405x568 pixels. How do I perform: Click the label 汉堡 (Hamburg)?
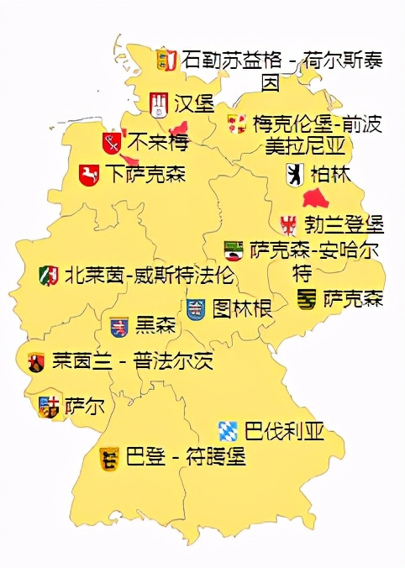(194, 104)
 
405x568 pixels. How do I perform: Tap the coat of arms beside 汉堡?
(159, 104)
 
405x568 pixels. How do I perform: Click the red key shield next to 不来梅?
(111, 142)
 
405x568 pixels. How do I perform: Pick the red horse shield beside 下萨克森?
(88, 176)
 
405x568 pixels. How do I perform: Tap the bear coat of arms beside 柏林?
(295, 175)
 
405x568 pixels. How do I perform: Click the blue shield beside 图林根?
(196, 309)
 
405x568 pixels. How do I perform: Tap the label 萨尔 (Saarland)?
(85, 406)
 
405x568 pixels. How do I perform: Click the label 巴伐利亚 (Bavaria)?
(284, 432)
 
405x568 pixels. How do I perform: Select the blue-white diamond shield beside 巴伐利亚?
(228, 432)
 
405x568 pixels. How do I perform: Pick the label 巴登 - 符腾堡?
(185, 458)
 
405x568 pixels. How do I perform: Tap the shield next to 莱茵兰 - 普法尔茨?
(36, 362)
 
